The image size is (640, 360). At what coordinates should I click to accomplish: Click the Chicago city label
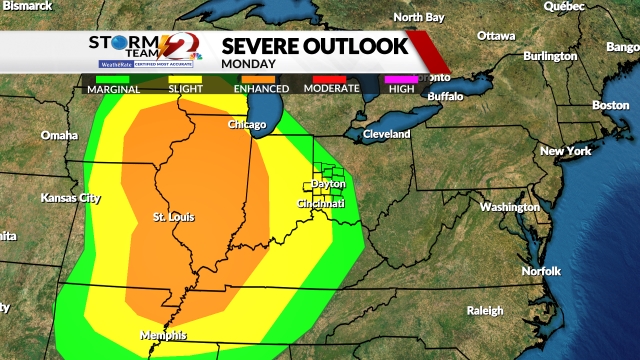[x=247, y=125]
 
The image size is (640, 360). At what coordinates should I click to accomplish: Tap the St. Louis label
[x=174, y=217]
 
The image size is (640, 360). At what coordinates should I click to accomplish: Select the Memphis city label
[x=163, y=335]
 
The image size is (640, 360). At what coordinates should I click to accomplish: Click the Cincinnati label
[x=321, y=204]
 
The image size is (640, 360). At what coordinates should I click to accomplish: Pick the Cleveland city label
[x=387, y=134]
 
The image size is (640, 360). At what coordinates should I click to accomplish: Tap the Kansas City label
[x=72, y=198]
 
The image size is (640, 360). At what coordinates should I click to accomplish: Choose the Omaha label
[x=59, y=135]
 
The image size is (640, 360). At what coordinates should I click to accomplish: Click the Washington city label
[x=509, y=207]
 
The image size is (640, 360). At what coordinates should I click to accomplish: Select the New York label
[x=566, y=151]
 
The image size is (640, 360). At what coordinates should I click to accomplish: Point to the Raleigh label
[x=484, y=310]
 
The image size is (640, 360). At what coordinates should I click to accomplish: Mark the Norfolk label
[x=541, y=272]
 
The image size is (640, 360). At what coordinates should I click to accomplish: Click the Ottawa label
[x=496, y=36]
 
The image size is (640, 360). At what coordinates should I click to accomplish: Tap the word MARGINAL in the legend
[x=113, y=89]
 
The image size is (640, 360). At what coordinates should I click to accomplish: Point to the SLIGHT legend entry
[x=189, y=89]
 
